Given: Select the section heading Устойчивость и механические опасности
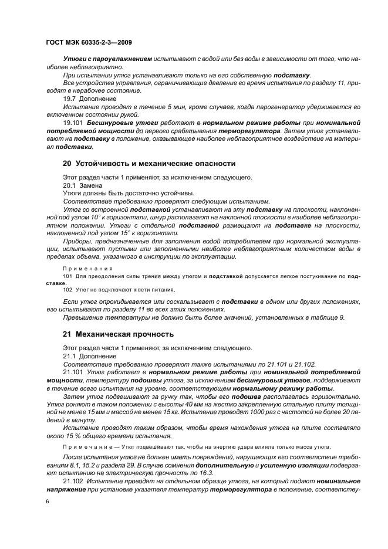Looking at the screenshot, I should (x=144, y=164).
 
